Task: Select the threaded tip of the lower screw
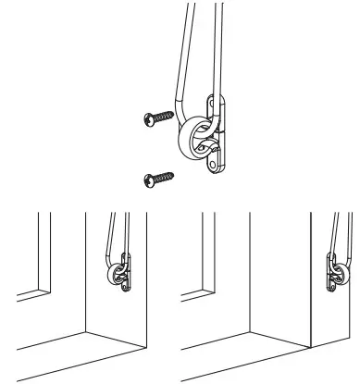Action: tap(176, 173)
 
